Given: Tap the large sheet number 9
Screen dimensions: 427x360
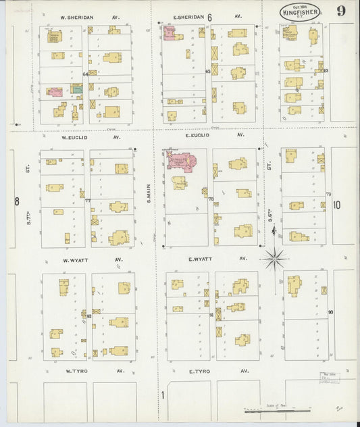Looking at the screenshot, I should [342, 11].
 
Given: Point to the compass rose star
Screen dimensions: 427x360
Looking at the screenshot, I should [274, 258].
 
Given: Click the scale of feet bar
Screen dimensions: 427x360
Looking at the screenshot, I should [278, 409].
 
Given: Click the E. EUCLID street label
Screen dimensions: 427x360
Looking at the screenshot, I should [197, 135].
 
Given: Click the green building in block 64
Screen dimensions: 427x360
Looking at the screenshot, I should [77, 89].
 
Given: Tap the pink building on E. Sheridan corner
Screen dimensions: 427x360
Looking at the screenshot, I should [168, 32].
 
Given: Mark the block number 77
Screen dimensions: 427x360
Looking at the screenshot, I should [87, 201].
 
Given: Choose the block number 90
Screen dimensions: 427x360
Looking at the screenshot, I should [330, 311].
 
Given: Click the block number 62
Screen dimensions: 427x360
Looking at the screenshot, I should [325, 70].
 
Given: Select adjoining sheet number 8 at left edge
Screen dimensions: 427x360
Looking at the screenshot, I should [16, 201].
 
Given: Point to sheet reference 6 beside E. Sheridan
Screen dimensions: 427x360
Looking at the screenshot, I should [209, 16].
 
